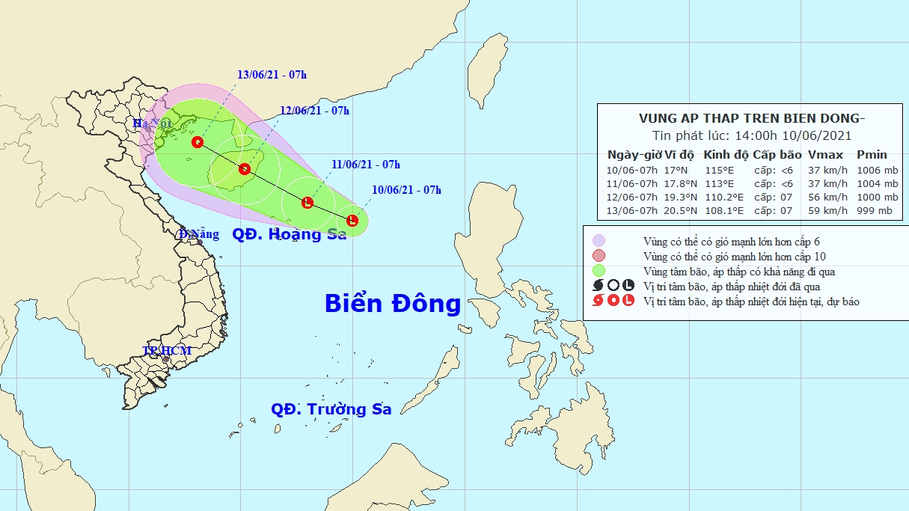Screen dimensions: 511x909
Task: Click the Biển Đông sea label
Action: pyautogui.click(x=393, y=304)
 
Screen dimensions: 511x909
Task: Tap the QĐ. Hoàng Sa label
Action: pyautogui.click(x=290, y=234)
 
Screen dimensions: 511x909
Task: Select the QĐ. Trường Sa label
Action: pyautogui.click(x=331, y=409)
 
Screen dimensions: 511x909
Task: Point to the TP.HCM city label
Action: pyautogui.click(x=168, y=350)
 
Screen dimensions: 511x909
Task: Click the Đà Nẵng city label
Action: pyautogui.click(x=199, y=234)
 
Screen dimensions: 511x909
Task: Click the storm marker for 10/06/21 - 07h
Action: pyautogui.click(x=353, y=220)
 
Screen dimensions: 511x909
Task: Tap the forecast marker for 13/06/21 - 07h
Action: pyautogui.click(x=198, y=142)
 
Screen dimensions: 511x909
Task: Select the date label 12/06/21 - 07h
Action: pyautogui.click(x=314, y=111)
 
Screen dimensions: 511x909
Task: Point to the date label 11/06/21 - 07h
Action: pyautogui.click(x=366, y=165)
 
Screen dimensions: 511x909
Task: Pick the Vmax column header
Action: pyautogui.click(x=825, y=155)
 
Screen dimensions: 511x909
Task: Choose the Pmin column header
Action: pyautogui.click(x=872, y=155)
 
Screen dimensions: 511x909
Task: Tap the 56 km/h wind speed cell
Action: pyautogui.click(x=827, y=197)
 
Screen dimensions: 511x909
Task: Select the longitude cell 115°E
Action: pyautogui.click(x=720, y=170)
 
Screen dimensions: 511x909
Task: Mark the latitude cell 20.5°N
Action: pyautogui.click(x=678, y=210)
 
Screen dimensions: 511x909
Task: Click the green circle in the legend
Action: pyautogui.click(x=599, y=270)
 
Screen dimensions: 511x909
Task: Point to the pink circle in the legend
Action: pyautogui.click(x=599, y=256)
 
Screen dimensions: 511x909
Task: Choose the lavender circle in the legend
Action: pyautogui.click(x=599, y=241)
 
